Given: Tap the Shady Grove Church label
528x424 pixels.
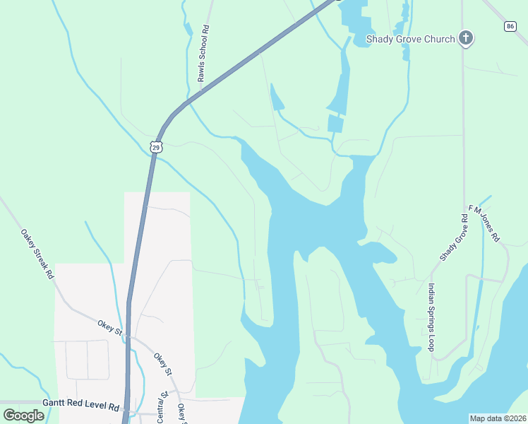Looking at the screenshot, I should pyautogui.click(x=410, y=39).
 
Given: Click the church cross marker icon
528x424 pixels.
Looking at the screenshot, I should pyautogui.click(x=465, y=38).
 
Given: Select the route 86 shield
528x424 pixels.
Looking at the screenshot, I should pyautogui.click(x=510, y=26).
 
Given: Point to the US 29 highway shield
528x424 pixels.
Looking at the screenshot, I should pyautogui.click(x=156, y=146).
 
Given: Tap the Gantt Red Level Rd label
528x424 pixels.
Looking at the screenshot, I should pyautogui.click(x=80, y=406).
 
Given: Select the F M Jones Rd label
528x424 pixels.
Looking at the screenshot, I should pyautogui.click(x=484, y=224).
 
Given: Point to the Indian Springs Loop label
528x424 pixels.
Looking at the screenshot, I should pyautogui.click(x=431, y=317).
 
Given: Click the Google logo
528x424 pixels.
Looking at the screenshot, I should pyautogui.click(x=24, y=416).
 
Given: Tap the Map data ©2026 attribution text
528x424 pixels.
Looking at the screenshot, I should pyautogui.click(x=498, y=418).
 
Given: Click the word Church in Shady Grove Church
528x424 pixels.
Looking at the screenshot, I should pyautogui.click(x=439, y=39).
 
